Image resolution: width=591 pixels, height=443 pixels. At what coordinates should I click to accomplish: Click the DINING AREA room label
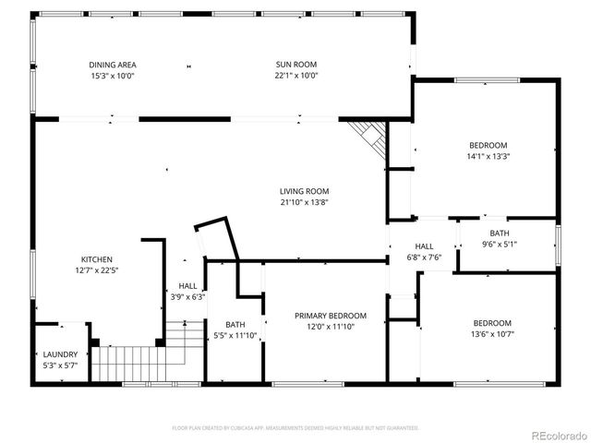tap(113, 65)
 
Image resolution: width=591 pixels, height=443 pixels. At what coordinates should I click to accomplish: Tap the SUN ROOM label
tap(295, 65)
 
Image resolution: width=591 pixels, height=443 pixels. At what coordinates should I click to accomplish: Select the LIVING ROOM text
tap(305, 191)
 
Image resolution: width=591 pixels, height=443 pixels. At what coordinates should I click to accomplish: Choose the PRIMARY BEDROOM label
tap(330, 316)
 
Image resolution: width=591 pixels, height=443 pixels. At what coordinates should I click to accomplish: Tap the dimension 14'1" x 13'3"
tap(488, 156)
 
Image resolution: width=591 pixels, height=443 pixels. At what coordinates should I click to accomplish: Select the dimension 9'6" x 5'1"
tap(499, 245)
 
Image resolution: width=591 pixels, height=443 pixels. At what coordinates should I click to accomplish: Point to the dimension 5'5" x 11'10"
tap(235, 335)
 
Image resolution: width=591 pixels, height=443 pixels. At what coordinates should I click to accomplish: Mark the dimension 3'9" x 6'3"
tap(187, 297)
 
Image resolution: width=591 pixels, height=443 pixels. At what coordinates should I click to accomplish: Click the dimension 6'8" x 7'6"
tap(424, 257)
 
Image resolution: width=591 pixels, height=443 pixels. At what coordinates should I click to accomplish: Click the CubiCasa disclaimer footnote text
tap(295, 427)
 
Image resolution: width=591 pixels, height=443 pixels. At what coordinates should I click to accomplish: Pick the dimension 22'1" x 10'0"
tap(295, 76)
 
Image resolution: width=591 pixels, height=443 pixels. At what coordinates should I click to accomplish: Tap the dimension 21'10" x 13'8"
tap(305, 202)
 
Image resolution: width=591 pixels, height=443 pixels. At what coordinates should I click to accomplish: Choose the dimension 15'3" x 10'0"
tap(113, 76)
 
